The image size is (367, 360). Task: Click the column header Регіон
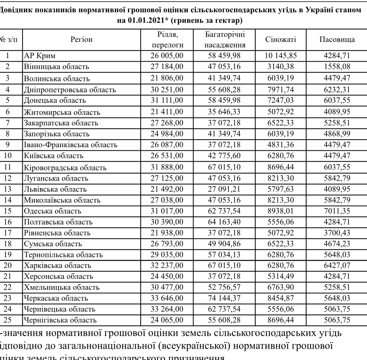(x=82, y=40)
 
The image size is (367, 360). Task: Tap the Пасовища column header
(x=337, y=40)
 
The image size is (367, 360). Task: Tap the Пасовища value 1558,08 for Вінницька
(x=337, y=67)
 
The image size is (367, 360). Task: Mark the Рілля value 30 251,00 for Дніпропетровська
(x=167, y=89)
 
